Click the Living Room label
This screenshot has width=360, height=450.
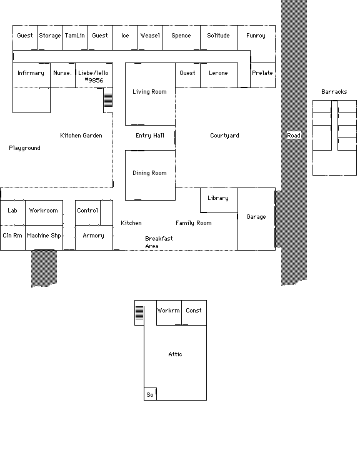(149, 92)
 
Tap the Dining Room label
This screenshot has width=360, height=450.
(149, 173)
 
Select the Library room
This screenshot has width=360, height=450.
(219, 201)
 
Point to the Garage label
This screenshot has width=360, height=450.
(256, 217)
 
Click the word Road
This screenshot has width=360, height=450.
(294, 136)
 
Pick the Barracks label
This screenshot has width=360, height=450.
(334, 92)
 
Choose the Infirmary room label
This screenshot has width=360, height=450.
(31, 73)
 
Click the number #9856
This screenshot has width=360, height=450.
(94, 81)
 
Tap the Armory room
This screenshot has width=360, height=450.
(94, 237)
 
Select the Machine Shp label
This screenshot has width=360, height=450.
(44, 236)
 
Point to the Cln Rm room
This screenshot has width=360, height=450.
(12, 237)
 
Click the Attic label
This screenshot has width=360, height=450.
(175, 354)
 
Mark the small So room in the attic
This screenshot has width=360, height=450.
(150, 394)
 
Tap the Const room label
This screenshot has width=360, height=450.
(194, 311)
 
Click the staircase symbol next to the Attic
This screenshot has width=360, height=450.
(139, 313)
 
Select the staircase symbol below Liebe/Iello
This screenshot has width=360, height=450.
(108, 100)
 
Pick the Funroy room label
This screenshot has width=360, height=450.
(256, 36)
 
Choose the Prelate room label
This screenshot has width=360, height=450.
(262, 73)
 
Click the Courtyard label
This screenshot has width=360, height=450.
(224, 136)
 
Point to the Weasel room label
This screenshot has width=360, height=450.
(150, 36)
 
